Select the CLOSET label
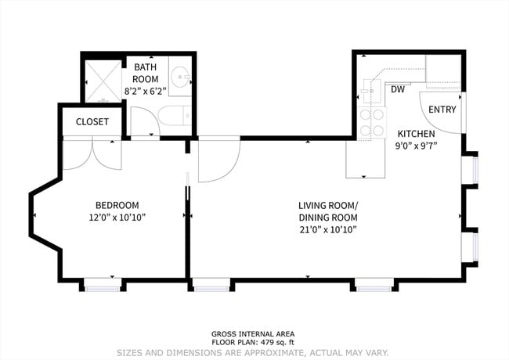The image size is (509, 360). (92, 122)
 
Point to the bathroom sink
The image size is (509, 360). (179, 79)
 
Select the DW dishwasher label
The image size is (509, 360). (398, 89)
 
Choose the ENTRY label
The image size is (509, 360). (442, 110)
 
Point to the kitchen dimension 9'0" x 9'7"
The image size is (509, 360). (416, 145)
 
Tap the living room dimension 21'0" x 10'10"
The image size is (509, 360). (327, 229)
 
